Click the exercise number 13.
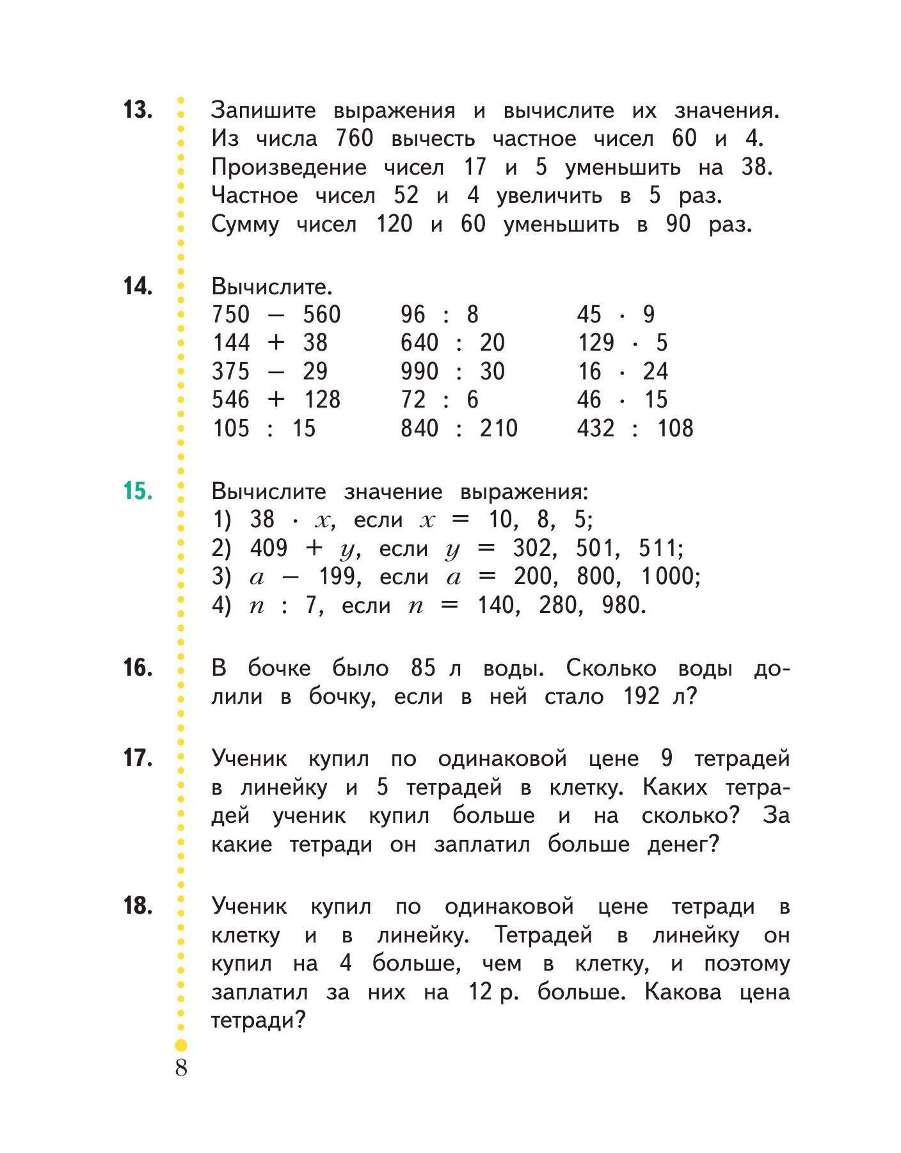pos(138,109)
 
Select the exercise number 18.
pos(138,906)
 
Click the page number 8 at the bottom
pos(181,1068)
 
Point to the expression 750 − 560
pos(276,314)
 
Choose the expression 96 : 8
pos(440,314)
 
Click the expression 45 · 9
pos(616,314)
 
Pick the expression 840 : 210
pos(459,428)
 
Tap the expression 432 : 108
pos(635,428)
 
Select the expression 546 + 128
pos(276,399)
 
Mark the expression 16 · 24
pos(622,371)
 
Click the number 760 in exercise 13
pos(354,138)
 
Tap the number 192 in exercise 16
pos(641,696)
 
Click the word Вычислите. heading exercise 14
pos(272,286)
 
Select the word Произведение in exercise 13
pos(289,167)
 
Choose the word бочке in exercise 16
pos(279,668)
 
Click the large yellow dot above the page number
pos(181,1046)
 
